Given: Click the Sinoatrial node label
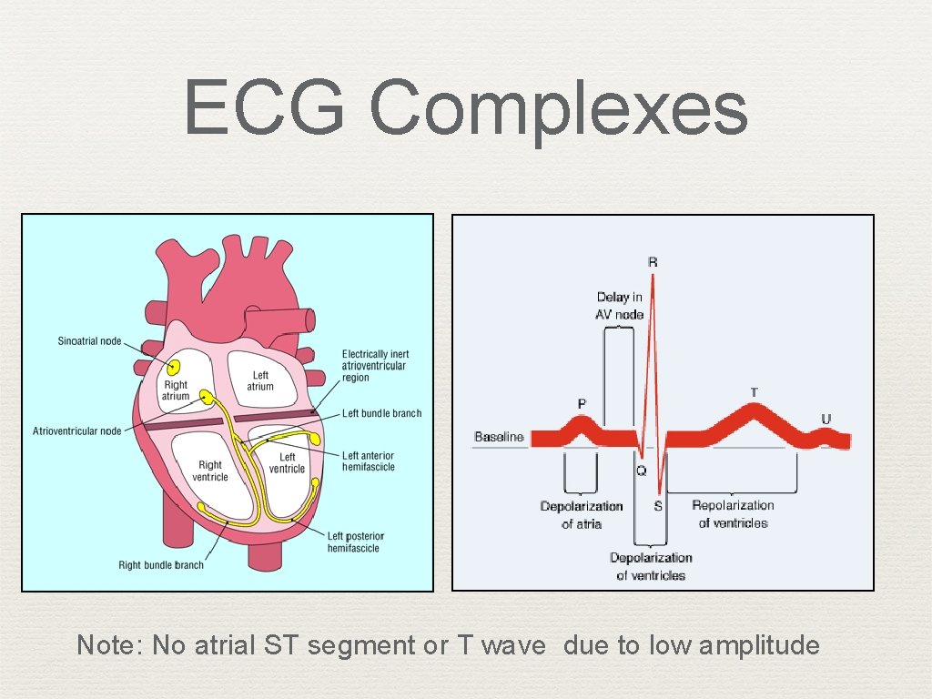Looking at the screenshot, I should (x=89, y=341).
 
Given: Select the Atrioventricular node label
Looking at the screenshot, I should (x=77, y=431).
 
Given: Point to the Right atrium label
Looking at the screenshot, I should (x=176, y=390).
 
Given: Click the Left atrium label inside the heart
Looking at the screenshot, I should (x=260, y=380).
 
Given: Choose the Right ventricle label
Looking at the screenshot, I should (x=210, y=471).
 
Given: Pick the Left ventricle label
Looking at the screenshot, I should (x=287, y=462).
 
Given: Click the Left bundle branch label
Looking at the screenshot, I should (x=381, y=413).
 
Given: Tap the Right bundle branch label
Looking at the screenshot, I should (x=161, y=565).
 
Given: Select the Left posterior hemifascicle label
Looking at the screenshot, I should (x=356, y=542).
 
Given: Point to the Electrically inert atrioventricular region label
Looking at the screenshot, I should (x=375, y=366).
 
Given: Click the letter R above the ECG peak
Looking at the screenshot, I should (x=653, y=262).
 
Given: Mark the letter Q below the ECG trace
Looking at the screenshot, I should (x=641, y=471).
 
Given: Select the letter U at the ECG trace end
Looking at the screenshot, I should (x=826, y=420).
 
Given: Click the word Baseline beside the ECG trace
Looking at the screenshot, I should (x=499, y=437).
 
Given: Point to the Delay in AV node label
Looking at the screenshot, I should (x=620, y=306).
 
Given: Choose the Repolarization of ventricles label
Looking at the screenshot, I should (x=733, y=514).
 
